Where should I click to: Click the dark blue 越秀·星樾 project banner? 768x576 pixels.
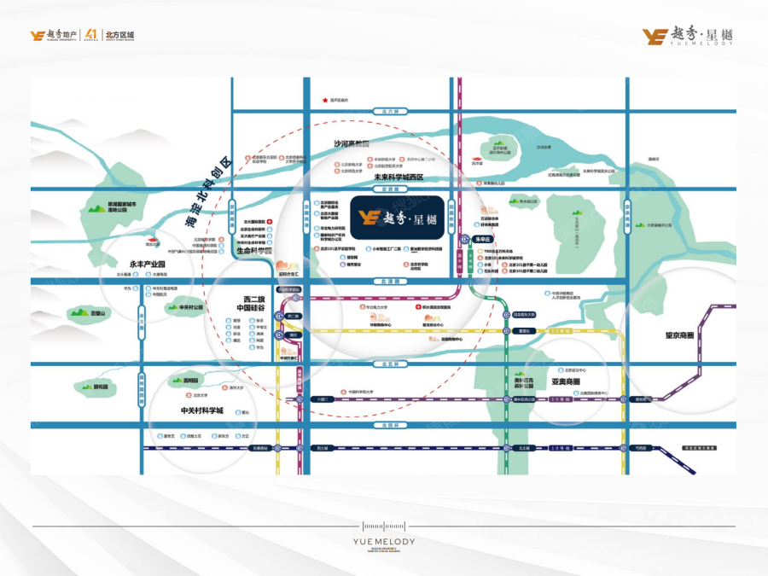396,217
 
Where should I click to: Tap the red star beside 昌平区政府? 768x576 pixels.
324,101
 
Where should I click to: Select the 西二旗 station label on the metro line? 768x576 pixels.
294,317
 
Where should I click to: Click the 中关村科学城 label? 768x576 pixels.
201,410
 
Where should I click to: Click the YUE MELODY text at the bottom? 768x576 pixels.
383,542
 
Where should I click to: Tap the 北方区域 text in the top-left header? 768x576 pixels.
119,35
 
